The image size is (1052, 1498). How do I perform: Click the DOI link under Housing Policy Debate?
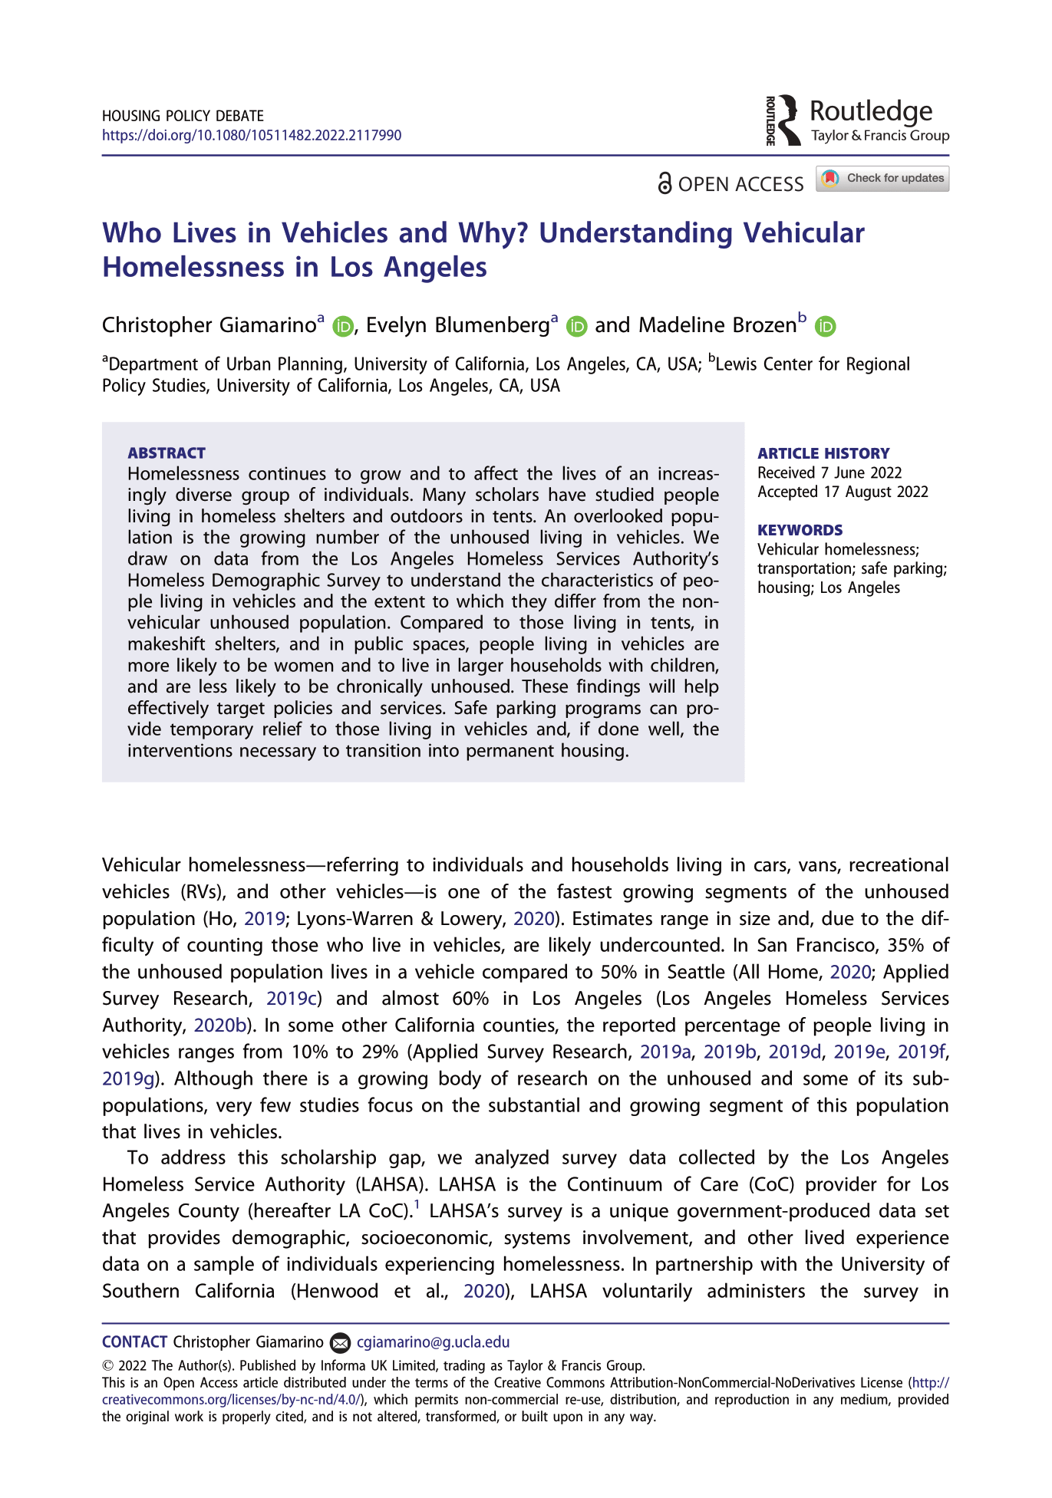click(252, 136)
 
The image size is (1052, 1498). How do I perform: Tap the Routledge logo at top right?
click(857, 120)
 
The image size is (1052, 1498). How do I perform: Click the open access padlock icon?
click(665, 184)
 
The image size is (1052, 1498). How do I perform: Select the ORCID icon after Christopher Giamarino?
click(342, 327)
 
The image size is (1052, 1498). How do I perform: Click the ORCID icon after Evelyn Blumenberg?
click(576, 327)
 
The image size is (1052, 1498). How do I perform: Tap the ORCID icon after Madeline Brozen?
click(825, 327)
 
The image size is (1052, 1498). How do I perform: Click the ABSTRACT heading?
click(167, 453)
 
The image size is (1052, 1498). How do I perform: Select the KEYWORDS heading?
click(800, 530)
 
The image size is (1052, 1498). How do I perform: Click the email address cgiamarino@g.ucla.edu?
click(433, 1342)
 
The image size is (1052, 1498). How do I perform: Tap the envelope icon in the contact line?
click(340, 1343)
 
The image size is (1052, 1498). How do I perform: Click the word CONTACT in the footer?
click(135, 1342)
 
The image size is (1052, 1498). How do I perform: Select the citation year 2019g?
click(128, 1079)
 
